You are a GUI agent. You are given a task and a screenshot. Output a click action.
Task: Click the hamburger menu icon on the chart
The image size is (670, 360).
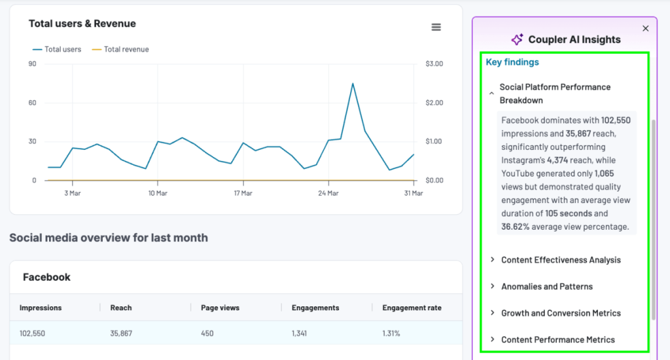(436, 27)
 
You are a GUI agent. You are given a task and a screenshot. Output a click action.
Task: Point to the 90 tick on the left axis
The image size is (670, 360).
(32, 63)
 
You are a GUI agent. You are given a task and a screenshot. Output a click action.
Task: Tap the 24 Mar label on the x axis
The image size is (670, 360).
(328, 193)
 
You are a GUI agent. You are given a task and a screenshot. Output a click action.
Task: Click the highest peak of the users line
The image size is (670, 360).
(353, 84)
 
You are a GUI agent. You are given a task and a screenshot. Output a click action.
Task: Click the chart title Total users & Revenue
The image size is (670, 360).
(82, 24)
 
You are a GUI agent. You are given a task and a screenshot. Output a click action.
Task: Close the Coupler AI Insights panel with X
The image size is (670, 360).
(646, 28)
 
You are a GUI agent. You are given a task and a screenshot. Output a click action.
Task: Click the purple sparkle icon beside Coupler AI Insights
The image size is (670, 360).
(517, 39)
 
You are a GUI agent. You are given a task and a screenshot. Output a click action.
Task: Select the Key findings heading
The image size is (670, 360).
(512, 62)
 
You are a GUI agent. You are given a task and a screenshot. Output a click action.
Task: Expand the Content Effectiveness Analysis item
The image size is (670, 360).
(560, 260)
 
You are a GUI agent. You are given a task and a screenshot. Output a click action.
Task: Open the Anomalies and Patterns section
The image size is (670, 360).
(546, 287)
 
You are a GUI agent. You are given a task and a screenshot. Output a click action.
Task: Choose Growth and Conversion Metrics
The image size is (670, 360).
(561, 313)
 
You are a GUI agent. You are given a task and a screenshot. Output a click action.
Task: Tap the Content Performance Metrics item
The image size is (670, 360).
(557, 340)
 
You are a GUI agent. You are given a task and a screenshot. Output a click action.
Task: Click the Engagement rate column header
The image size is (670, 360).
(412, 308)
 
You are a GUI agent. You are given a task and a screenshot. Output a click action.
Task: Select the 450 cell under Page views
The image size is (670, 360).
(207, 333)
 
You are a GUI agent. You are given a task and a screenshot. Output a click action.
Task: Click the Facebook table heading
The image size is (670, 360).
(46, 278)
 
